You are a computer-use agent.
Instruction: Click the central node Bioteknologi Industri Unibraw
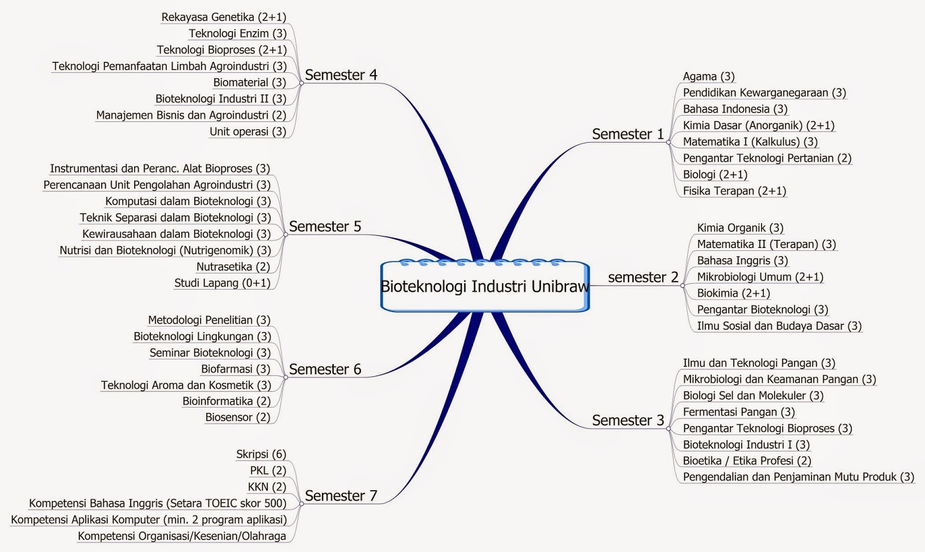(484, 287)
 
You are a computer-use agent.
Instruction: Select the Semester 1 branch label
(628, 134)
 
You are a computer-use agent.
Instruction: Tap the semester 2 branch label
(643, 277)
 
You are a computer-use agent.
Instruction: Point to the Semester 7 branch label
(341, 496)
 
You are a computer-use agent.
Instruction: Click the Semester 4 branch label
(341, 75)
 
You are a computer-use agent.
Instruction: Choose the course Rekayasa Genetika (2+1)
(224, 17)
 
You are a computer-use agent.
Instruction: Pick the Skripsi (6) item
(261, 454)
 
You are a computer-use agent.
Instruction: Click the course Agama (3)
(708, 76)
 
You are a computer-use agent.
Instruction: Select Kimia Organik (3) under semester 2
(740, 228)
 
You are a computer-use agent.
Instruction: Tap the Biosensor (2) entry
(238, 417)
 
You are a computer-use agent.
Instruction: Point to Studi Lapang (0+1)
(222, 283)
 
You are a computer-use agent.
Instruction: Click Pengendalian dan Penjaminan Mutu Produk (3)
(798, 477)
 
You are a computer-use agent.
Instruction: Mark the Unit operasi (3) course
(247, 131)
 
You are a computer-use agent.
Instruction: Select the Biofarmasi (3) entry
(235, 369)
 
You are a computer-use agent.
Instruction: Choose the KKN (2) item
(267, 487)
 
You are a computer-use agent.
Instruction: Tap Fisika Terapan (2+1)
(734, 191)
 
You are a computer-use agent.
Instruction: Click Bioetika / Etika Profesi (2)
(747, 461)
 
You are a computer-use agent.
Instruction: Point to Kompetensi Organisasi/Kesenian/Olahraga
(182, 536)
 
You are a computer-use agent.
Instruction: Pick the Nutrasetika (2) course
(233, 266)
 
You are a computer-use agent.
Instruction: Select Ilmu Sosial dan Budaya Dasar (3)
(779, 326)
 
